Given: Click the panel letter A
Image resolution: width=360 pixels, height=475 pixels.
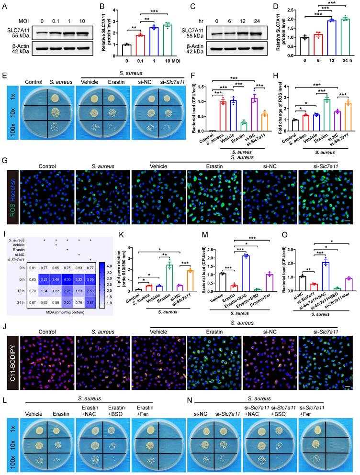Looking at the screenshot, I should tap(4, 6).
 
